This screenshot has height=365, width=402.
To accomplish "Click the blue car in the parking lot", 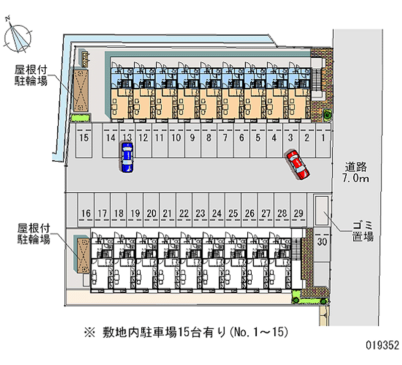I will [x=128, y=157].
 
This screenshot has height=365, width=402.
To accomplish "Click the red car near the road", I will [x=297, y=164].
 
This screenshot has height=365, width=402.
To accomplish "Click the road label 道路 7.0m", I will [x=357, y=172].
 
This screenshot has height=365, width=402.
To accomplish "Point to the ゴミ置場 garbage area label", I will [x=362, y=231].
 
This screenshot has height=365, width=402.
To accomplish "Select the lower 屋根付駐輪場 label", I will [x=34, y=234].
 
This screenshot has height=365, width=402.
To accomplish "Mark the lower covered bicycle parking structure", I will [x=82, y=254].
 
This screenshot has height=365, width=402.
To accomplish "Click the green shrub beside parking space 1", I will [x=327, y=115].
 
